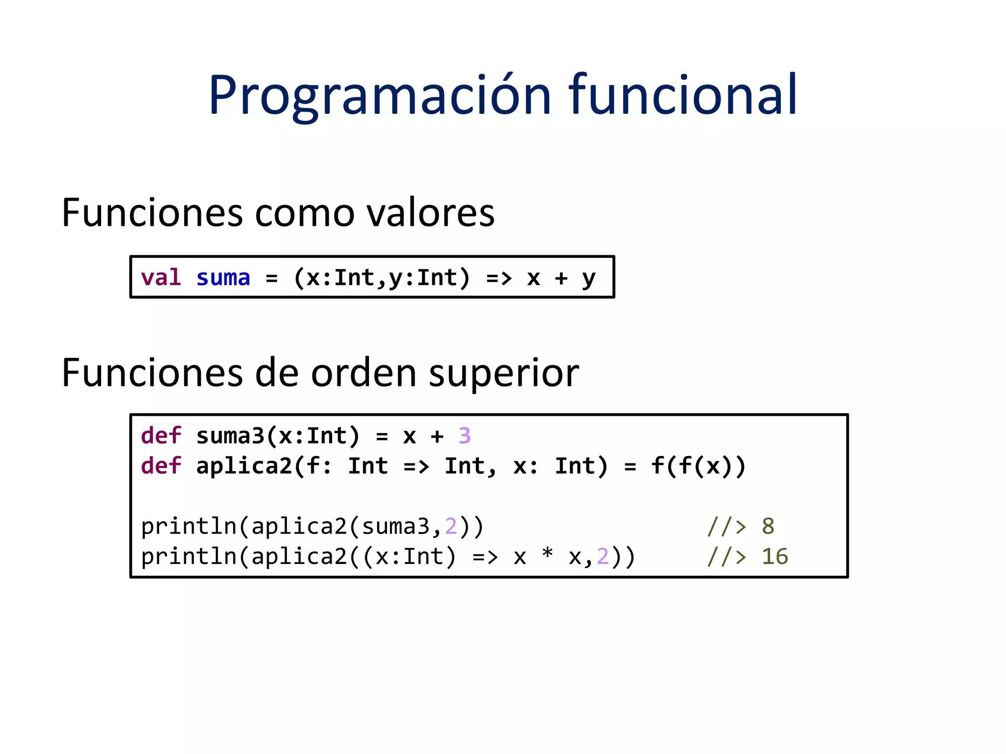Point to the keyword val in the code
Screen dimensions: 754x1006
pos(161,278)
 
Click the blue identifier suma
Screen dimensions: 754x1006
pos(223,278)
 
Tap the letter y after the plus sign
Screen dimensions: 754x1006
pos(588,278)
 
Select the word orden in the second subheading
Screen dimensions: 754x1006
pos(364,373)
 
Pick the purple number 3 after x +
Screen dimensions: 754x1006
pos(465,436)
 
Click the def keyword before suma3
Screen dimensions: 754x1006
pos(161,436)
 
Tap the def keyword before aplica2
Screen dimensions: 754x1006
pos(161,466)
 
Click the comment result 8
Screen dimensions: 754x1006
pos(768,526)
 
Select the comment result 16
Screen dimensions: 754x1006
pos(775,557)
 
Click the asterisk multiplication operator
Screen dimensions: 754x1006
pos(547,555)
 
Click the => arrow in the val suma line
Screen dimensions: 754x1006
pos(499,278)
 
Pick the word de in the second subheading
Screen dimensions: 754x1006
pos(277,373)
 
